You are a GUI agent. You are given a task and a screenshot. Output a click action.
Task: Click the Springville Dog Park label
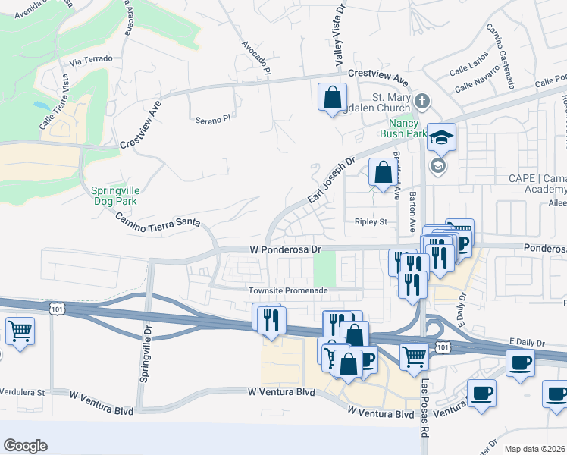(114, 196)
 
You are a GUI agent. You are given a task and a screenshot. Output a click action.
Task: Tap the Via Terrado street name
(90, 58)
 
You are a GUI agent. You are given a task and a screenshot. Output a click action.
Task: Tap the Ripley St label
(371, 222)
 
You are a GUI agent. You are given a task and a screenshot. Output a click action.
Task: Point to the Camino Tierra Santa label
(158, 221)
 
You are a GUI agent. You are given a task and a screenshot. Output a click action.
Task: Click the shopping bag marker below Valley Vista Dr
(332, 98)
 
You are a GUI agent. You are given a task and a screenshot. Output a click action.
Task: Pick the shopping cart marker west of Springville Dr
(20, 331)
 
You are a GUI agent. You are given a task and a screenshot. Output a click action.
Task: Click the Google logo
(25, 446)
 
